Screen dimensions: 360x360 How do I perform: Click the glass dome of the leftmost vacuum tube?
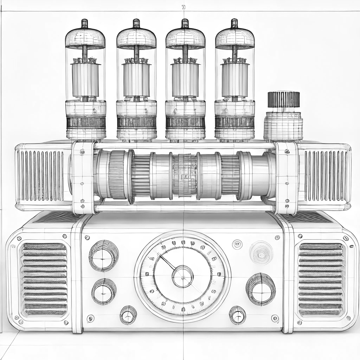[85, 39]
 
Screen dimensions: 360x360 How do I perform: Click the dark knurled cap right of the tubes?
[283, 99]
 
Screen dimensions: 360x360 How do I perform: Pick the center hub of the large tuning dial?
[182, 276]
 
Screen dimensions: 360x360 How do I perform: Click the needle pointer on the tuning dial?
[167, 263]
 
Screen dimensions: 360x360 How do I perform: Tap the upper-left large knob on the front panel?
[103, 256]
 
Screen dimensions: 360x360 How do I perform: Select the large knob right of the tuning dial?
[261, 289]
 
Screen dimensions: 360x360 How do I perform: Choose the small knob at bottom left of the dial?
[128, 315]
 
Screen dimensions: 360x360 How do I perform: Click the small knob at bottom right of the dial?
[237, 315]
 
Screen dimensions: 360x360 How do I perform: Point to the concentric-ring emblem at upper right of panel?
[261, 252]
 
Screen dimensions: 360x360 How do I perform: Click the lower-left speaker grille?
[44, 279]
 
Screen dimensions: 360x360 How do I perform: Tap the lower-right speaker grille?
[320, 279]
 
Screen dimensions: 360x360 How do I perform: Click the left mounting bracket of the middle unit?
[83, 178]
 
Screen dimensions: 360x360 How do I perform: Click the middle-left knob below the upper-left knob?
[104, 291]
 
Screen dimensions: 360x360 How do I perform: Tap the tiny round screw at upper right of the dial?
[237, 243]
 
